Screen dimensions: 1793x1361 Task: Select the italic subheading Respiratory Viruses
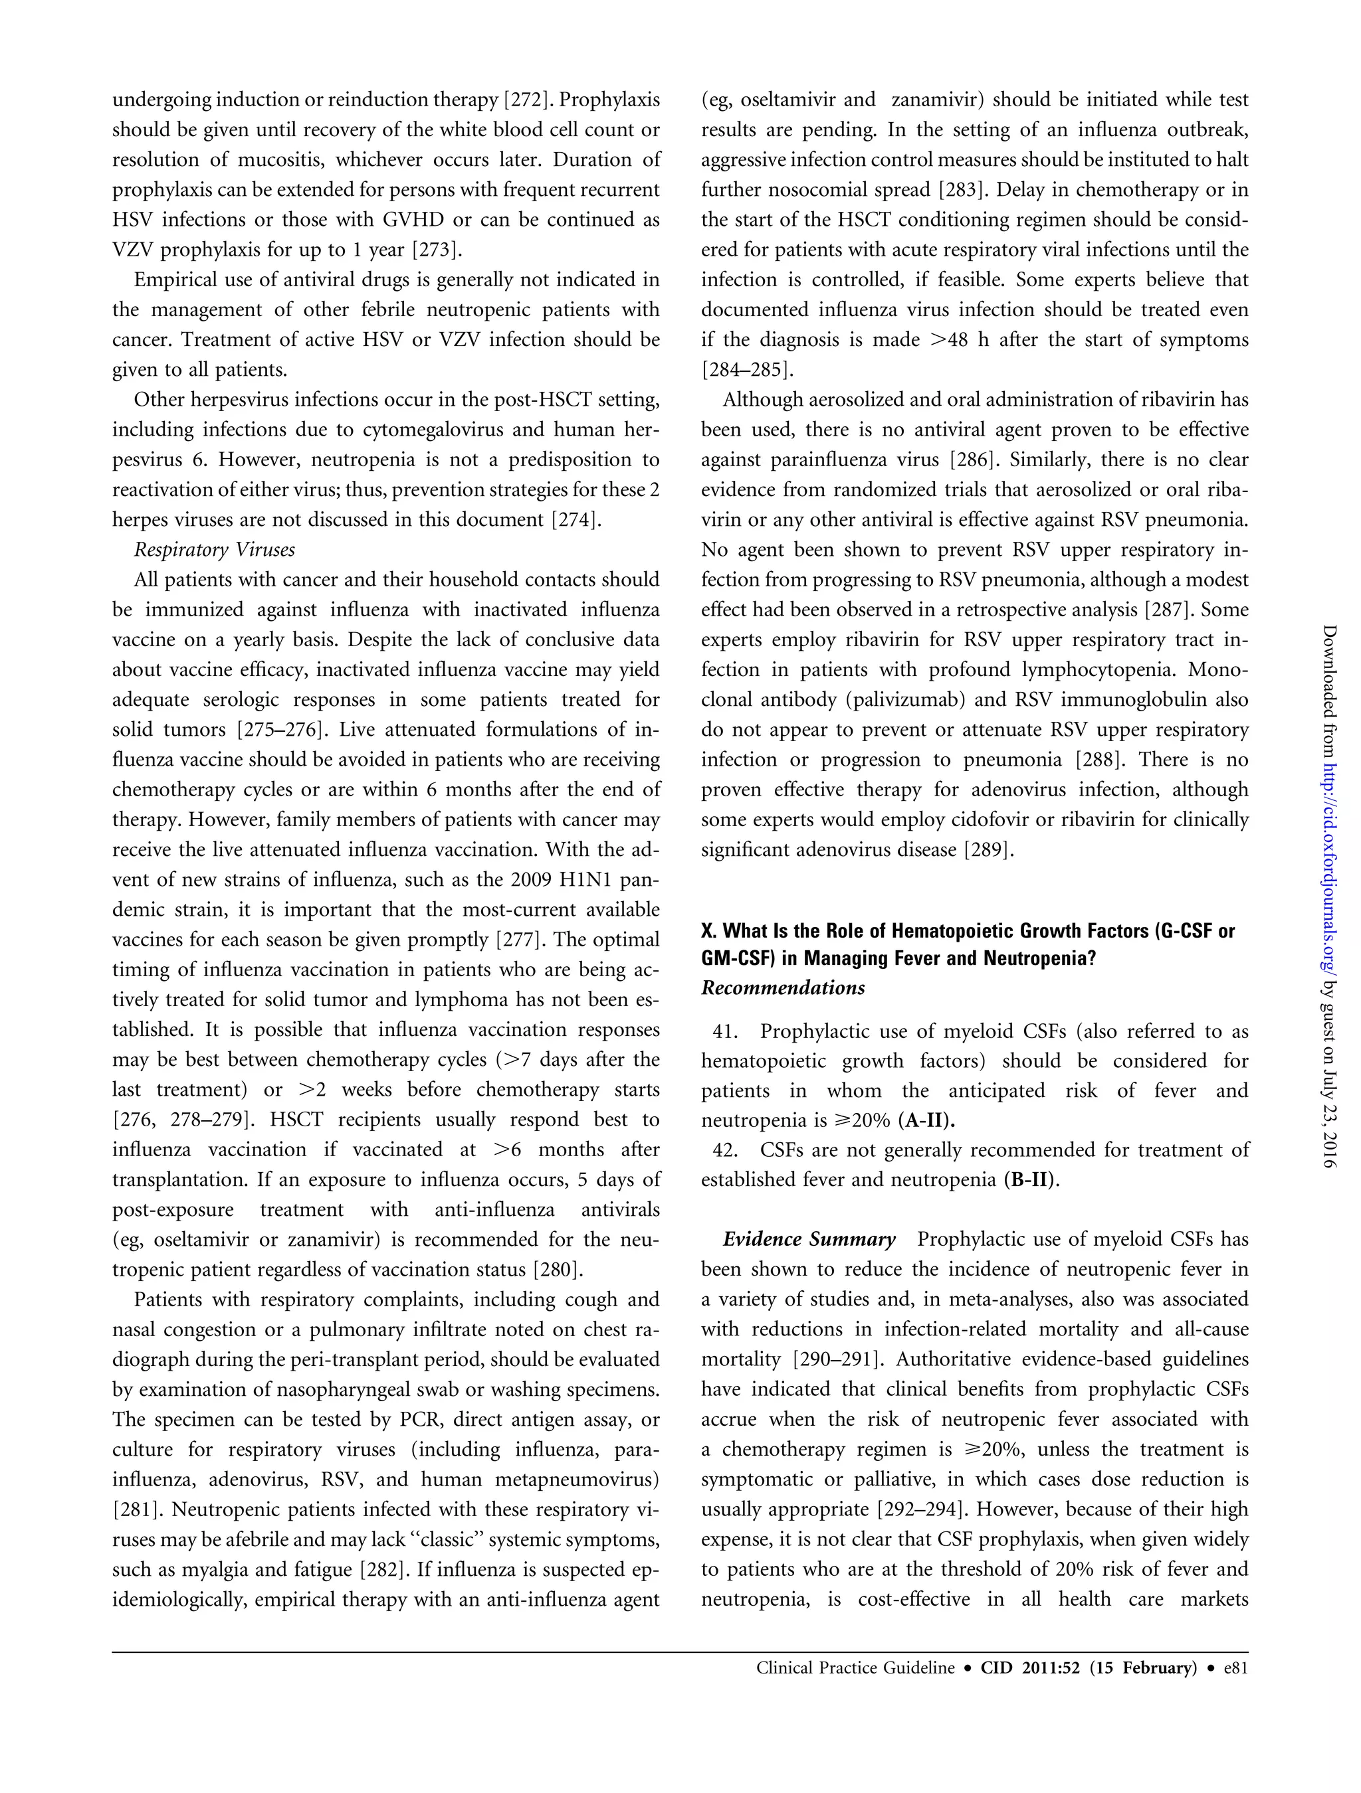click(214, 551)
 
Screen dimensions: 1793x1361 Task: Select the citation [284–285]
click(747, 371)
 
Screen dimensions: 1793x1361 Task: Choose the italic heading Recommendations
click(783, 988)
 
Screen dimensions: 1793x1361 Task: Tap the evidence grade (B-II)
click(1031, 1181)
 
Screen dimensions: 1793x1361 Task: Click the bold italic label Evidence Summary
click(809, 1241)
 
